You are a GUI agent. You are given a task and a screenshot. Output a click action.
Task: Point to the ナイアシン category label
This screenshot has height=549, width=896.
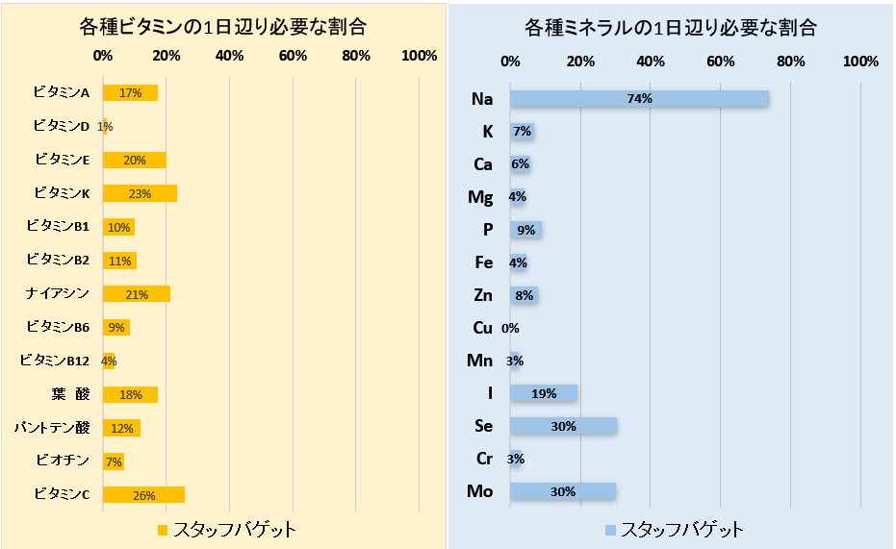click(58, 293)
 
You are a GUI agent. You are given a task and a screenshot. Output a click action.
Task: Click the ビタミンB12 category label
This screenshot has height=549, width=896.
click(55, 361)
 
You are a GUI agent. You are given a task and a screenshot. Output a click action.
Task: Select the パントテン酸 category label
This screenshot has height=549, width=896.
click(51, 427)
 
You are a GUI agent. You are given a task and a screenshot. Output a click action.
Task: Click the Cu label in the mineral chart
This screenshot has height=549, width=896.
click(482, 328)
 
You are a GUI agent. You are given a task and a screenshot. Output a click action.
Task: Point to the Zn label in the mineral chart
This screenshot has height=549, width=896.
click(482, 295)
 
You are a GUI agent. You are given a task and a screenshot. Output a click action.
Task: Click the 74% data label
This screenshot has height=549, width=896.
click(639, 98)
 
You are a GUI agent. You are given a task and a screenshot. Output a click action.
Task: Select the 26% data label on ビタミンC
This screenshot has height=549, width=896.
click(142, 495)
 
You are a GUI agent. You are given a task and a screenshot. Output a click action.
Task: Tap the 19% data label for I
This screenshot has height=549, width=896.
click(544, 393)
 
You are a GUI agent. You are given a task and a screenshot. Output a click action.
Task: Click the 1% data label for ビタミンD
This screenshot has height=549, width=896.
click(105, 127)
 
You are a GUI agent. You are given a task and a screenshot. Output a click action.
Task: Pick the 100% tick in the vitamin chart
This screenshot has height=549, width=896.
click(419, 56)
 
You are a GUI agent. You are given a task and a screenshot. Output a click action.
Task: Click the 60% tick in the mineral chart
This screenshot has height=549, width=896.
click(721, 62)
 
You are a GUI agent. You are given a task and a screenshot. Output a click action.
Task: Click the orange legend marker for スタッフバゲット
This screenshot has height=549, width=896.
click(162, 530)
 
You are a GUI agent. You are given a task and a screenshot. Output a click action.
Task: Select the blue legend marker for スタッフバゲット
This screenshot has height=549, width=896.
click(610, 530)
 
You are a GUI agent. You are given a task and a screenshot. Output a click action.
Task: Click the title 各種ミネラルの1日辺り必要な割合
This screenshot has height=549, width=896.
click(671, 27)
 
